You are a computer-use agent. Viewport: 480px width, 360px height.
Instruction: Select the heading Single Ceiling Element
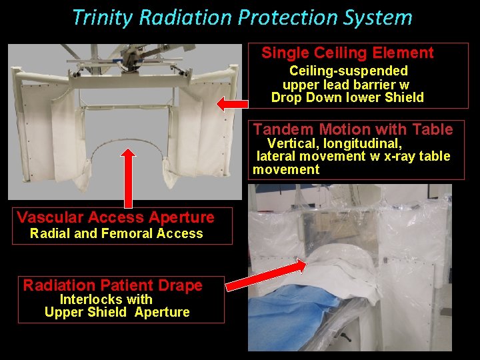[347, 53]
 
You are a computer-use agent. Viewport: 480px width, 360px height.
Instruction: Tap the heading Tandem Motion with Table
[353, 129]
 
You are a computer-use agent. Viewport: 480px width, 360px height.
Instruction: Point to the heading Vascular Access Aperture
[115, 217]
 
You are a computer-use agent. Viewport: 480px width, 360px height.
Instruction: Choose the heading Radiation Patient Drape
[113, 286]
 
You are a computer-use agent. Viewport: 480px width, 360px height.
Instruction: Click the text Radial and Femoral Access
[117, 233]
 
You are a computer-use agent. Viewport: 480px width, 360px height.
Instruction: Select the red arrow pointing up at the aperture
[127, 177]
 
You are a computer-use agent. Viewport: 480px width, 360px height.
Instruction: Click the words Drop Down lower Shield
[347, 97]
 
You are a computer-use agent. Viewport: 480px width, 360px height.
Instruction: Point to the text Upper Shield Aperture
[117, 312]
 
